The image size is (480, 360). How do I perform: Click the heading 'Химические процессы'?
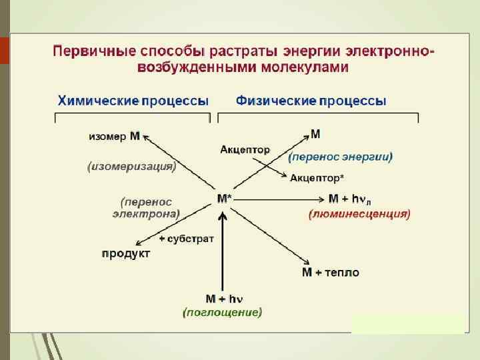coord(133,101)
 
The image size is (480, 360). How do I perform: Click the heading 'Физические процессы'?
coord(311,101)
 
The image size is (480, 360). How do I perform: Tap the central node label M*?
coord(225,199)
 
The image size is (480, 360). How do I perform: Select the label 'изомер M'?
coord(114,136)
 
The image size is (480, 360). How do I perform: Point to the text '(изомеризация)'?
coord(131,166)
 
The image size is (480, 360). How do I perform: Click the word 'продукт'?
coord(126,253)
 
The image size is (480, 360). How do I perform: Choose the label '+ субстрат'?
coord(186,239)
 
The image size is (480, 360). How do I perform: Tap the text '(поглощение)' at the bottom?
coord(222,311)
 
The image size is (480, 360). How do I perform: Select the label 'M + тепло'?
coord(331,272)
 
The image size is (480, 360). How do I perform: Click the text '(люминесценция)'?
coord(359,214)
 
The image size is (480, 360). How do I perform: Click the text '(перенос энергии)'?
coord(340,157)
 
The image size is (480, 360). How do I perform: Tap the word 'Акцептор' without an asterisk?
coord(245,149)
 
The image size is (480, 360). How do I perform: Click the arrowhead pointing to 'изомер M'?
coord(147,136)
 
